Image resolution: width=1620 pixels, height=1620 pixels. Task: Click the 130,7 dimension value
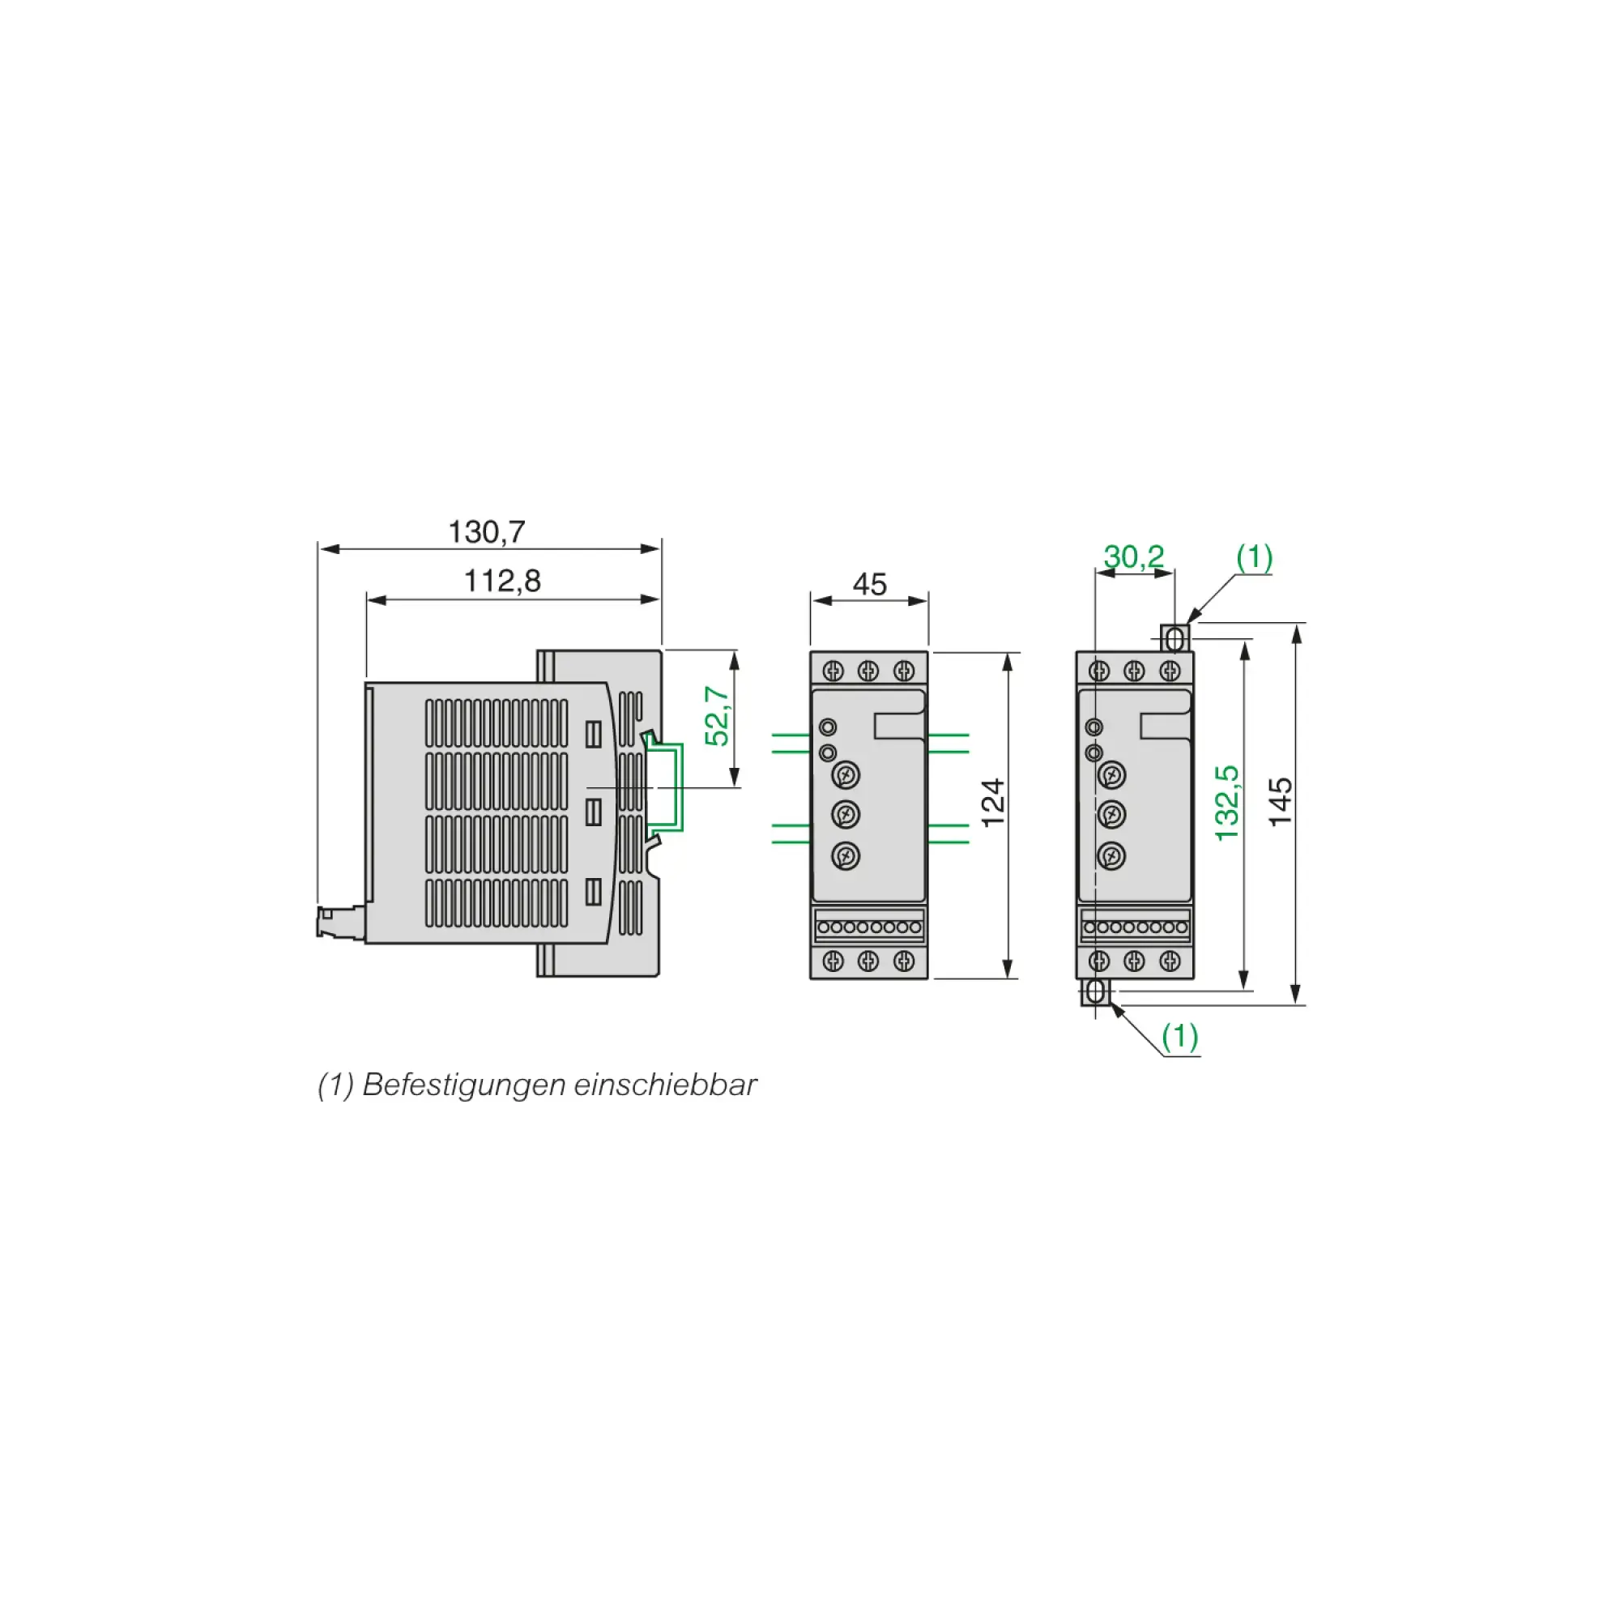(x=486, y=532)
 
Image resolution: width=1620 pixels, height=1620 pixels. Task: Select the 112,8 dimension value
(x=502, y=581)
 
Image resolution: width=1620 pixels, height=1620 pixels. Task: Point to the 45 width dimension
(x=869, y=585)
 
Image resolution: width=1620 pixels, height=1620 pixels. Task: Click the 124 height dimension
(x=993, y=803)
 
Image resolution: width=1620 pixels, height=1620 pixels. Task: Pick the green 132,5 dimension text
(x=1226, y=803)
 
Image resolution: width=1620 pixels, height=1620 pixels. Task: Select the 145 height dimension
(x=1281, y=803)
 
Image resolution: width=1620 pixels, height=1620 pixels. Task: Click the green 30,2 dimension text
(x=1134, y=556)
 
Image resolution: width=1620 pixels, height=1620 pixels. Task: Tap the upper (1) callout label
(x=1255, y=556)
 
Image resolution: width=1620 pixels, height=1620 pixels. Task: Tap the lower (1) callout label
(x=1180, y=1037)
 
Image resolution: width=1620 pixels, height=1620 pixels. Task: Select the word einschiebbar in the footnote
(x=665, y=1085)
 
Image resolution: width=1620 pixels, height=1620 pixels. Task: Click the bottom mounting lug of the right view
(x=1095, y=993)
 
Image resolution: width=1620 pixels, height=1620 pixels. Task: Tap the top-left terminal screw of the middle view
(x=833, y=671)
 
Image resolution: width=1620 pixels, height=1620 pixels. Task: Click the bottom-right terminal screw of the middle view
(x=904, y=961)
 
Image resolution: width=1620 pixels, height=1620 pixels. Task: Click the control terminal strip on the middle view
(x=868, y=927)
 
